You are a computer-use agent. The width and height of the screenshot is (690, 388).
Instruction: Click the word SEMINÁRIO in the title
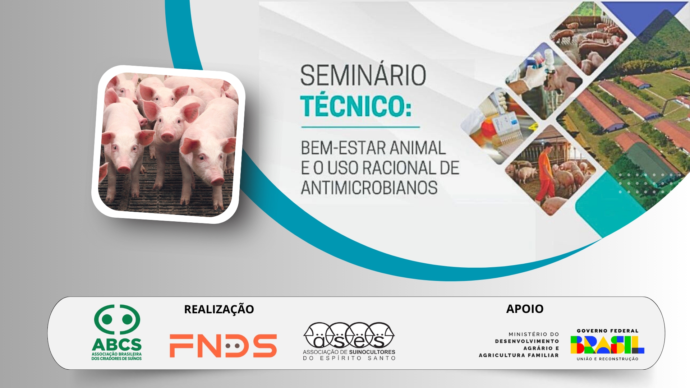coord(363,75)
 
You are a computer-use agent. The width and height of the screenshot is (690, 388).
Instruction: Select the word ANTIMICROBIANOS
coord(369,188)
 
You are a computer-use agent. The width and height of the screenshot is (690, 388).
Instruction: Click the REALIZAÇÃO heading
coord(219,309)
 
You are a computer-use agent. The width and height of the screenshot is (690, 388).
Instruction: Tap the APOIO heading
coord(525,309)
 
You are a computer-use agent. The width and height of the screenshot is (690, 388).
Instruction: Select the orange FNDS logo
coord(223,346)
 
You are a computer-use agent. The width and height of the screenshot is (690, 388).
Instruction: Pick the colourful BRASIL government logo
coord(607,345)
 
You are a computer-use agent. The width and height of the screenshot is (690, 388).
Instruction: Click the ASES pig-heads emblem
coord(349,335)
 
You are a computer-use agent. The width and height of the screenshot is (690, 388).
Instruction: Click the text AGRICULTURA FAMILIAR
coord(519,355)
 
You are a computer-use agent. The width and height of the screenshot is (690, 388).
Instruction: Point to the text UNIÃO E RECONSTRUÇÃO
coord(607,359)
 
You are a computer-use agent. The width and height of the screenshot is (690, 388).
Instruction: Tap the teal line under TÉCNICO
coord(360,127)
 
